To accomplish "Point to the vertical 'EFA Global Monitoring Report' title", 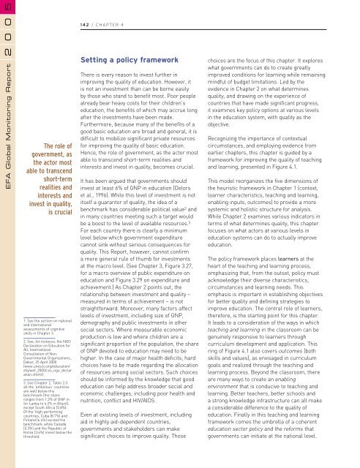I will pos(7,154).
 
